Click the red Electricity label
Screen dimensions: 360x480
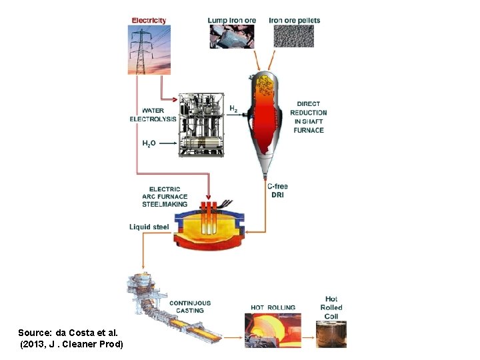click(149, 21)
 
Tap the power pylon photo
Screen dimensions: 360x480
click(149, 49)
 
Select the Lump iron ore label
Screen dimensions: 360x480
click(231, 20)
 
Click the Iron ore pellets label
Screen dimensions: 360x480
click(295, 20)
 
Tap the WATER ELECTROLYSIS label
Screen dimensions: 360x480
click(153, 115)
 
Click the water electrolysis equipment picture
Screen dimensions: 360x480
click(201, 125)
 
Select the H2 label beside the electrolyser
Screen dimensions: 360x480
click(233, 108)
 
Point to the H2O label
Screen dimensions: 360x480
click(149, 143)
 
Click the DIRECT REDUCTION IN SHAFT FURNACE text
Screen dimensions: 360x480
click(309, 117)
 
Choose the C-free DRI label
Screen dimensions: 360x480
click(278, 191)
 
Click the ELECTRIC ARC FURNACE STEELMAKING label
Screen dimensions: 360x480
click(165, 197)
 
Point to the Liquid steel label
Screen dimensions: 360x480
click(149, 227)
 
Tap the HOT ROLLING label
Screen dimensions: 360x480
click(273, 307)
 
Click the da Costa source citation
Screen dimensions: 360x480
click(71, 337)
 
